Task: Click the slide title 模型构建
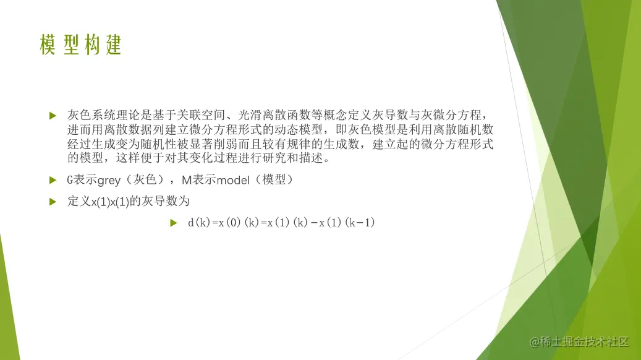pos(80,45)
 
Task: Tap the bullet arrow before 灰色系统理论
pos(53,116)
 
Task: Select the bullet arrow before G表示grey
pos(53,180)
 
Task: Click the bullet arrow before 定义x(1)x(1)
pos(53,201)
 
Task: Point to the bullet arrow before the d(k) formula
pos(174,223)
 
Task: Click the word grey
pos(109,181)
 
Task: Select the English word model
pos(233,180)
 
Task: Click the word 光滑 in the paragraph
pos(250,115)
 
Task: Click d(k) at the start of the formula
pos(199,223)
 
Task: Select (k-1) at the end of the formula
pos(360,223)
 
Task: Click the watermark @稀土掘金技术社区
pos(579,341)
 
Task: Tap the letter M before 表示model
pos(187,180)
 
